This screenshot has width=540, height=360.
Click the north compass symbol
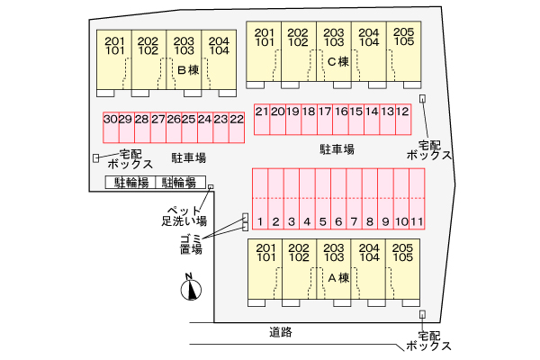click(191, 289)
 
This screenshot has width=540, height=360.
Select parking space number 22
click(237, 120)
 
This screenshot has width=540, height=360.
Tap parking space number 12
click(403, 112)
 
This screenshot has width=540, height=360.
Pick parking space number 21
click(262, 112)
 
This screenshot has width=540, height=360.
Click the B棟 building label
click(187, 69)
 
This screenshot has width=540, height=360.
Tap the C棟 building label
click(338, 62)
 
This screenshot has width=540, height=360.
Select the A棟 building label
click(337, 277)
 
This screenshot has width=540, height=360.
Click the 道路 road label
click(280, 332)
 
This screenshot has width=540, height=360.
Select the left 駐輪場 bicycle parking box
click(130, 182)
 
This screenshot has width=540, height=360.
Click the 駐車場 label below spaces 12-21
click(337, 148)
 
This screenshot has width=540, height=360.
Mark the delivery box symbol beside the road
click(421, 314)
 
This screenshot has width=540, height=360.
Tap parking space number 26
click(172, 120)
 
